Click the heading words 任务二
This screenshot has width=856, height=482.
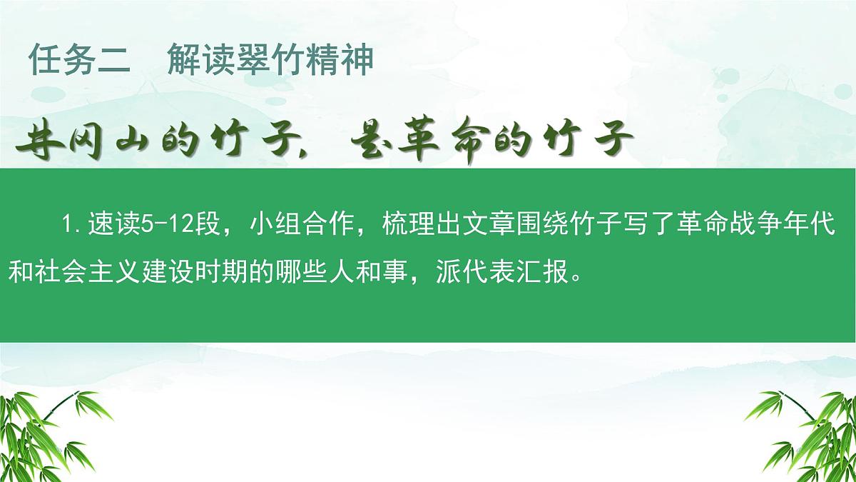click(x=79, y=61)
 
